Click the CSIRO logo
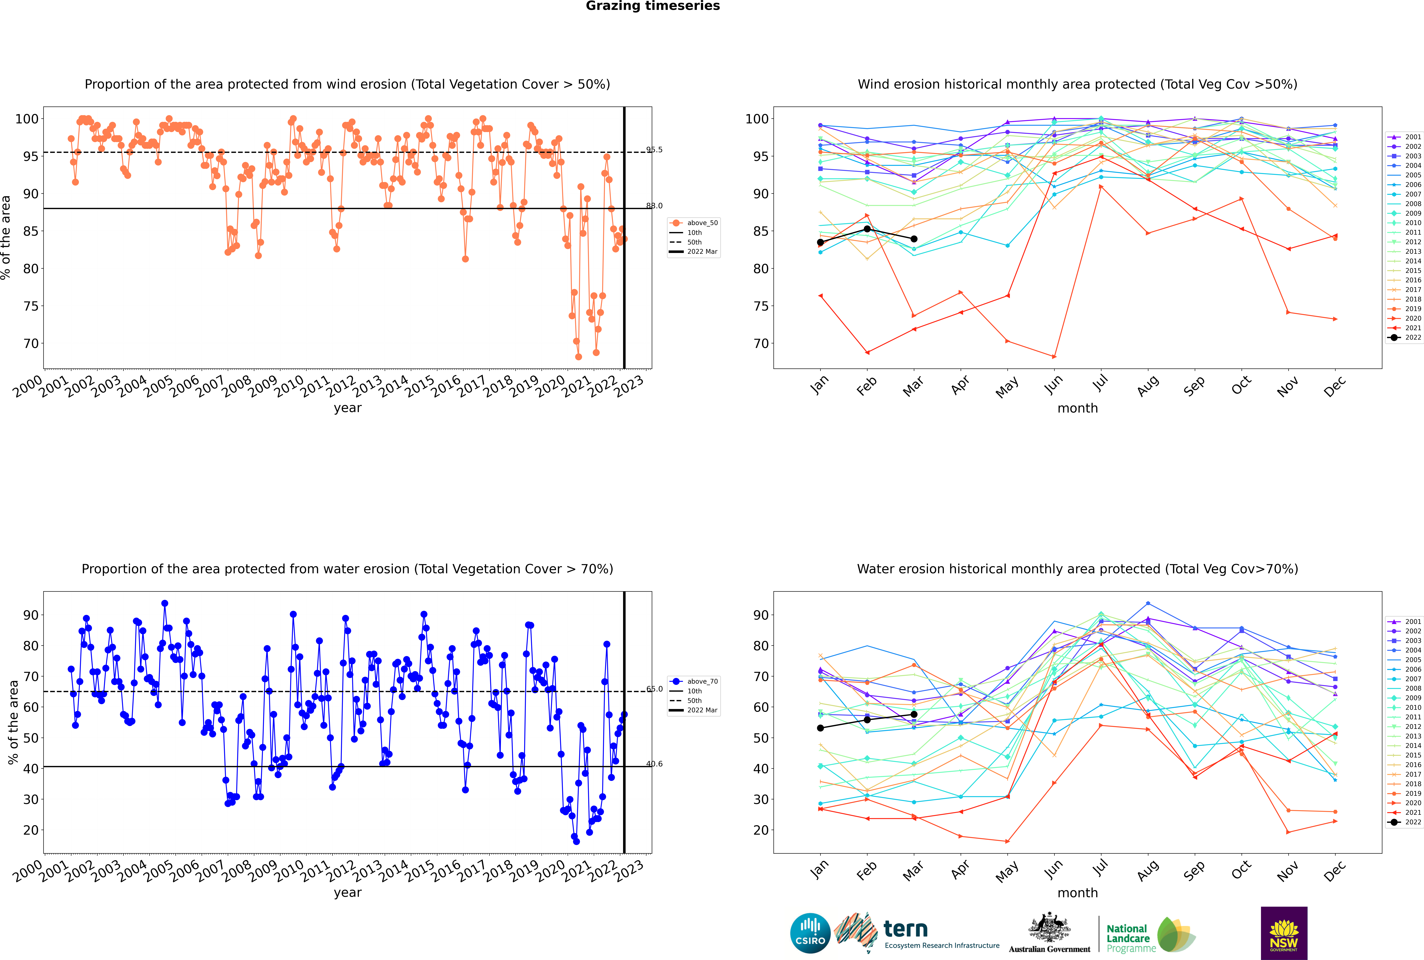(x=810, y=933)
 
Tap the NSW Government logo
(x=1284, y=932)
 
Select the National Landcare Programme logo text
(x=1131, y=938)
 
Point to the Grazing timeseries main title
(x=653, y=6)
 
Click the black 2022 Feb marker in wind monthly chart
(x=867, y=229)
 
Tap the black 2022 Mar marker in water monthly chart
(x=914, y=714)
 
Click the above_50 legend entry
(x=694, y=223)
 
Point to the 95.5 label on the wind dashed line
(x=654, y=149)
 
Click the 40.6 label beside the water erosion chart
(x=654, y=764)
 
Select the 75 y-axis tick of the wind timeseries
(x=31, y=306)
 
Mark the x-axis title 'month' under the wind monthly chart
(x=1077, y=408)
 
